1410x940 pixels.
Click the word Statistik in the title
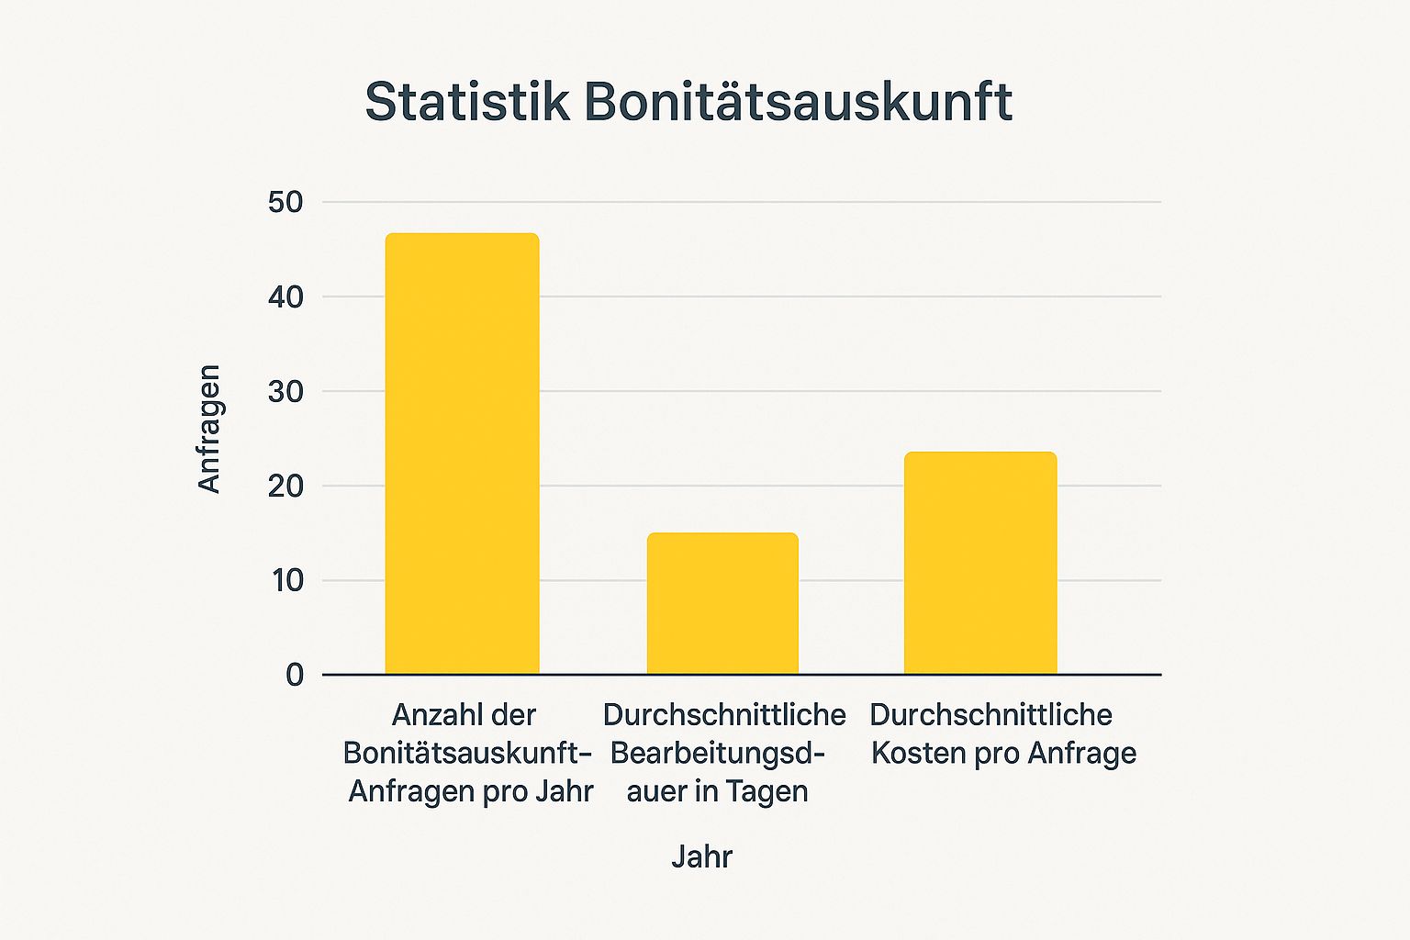(467, 101)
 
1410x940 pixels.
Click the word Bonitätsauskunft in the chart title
(798, 101)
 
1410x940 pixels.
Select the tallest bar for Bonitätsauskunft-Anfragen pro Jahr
(462, 453)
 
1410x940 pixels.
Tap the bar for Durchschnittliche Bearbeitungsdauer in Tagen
(722, 603)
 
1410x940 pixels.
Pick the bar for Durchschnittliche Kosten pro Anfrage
(980, 563)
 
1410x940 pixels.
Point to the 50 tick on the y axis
(285, 202)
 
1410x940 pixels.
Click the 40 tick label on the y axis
(285, 297)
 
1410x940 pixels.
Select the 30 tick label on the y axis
(285, 391)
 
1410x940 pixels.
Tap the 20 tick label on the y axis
(285, 486)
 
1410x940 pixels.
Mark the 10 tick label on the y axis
(285, 580)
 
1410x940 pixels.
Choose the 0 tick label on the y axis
(295, 675)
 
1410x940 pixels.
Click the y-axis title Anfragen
(209, 429)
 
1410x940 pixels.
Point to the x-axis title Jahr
(702, 856)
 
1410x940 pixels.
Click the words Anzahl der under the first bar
(464, 714)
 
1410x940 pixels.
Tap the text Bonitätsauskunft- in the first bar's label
(467, 753)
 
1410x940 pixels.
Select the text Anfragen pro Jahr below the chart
(471, 791)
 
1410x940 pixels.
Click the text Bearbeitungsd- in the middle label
(718, 753)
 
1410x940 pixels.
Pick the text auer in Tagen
(717, 791)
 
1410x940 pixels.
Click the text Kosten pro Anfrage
(1003, 753)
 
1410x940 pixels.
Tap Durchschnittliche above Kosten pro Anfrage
(990, 714)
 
